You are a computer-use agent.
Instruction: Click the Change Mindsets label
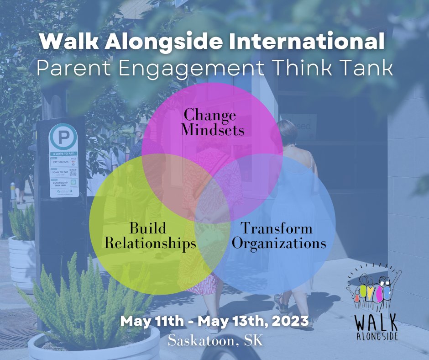(212, 122)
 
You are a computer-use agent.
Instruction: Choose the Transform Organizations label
(279, 236)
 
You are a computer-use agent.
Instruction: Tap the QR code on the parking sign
(73, 172)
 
